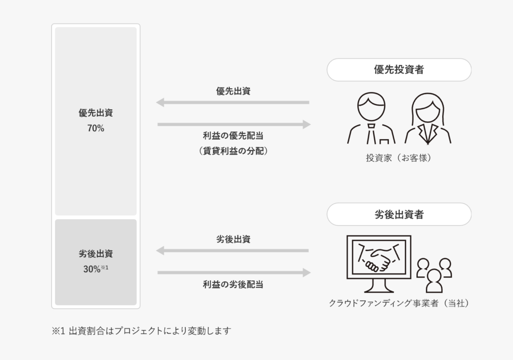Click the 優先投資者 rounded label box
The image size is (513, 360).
tap(399, 70)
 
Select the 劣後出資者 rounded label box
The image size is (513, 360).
tap(399, 214)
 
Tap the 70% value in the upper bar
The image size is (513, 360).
tap(95, 128)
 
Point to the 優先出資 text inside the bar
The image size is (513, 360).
tap(95, 113)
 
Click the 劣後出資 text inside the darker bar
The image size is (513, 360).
tap(95, 254)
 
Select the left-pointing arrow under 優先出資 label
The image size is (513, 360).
tap(232, 103)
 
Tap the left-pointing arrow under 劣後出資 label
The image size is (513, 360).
tap(232, 250)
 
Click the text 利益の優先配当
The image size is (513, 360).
tap(233, 136)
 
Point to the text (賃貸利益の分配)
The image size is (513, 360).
tap(233, 150)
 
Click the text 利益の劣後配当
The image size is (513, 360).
tap(233, 284)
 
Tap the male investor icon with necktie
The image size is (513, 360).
tap(371, 118)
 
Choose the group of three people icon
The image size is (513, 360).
tap(434, 274)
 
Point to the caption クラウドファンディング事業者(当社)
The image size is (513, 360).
tap(399, 303)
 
